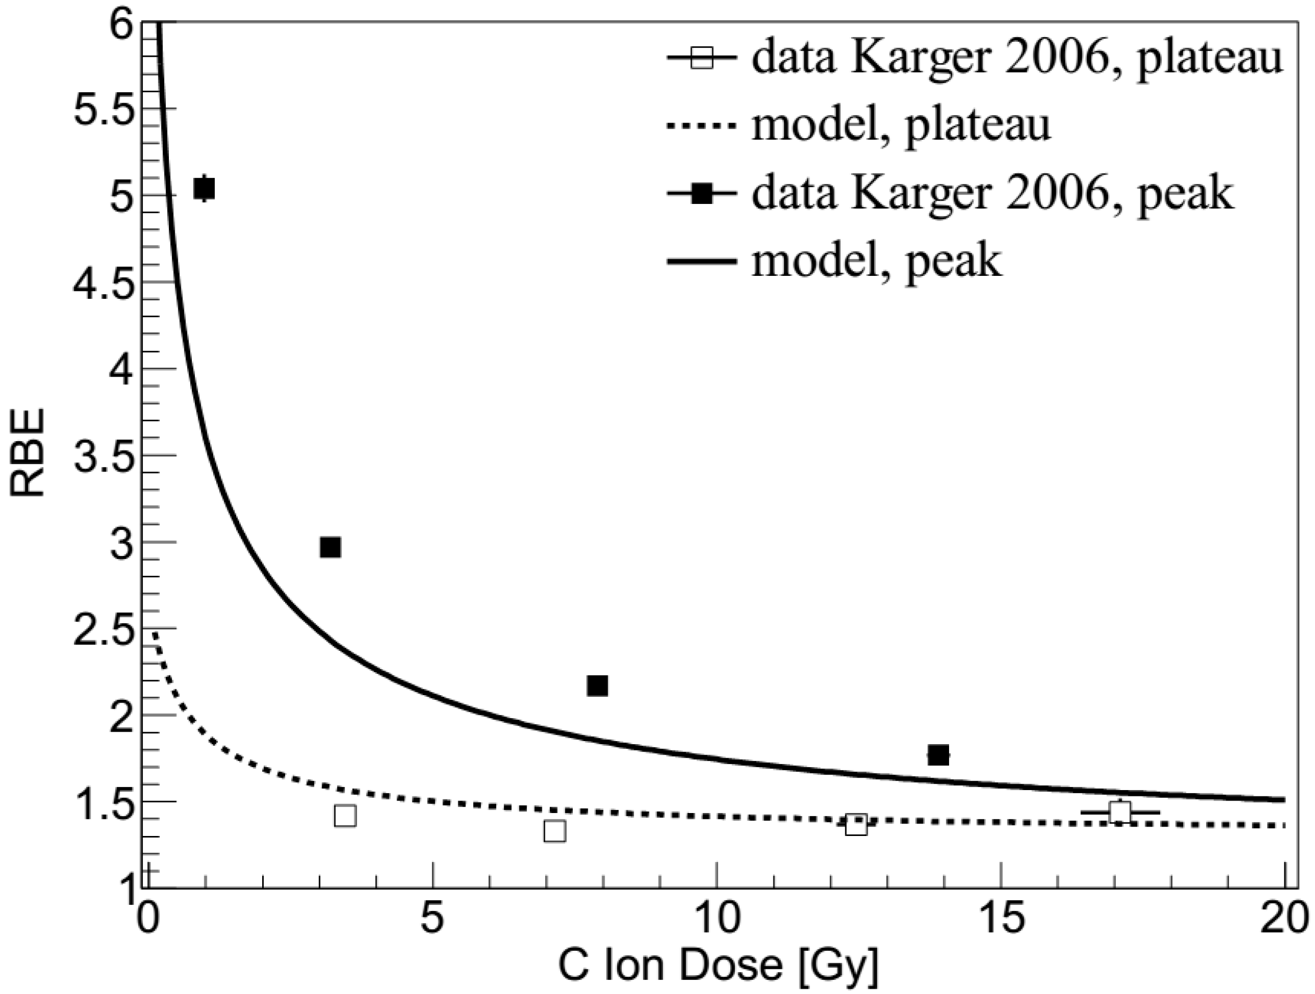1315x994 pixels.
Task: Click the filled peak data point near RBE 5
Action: coord(204,189)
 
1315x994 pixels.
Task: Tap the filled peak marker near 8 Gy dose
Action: coord(597,686)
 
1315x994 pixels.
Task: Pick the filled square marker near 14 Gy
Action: coord(938,755)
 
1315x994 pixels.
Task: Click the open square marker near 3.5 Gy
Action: coord(346,816)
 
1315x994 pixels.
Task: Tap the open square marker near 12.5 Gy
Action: coord(856,825)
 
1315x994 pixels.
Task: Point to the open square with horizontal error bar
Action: coord(1120,811)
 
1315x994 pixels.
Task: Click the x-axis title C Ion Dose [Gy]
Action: coord(718,967)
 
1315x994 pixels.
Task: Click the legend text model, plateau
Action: coord(901,126)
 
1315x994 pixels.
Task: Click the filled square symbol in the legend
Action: coord(702,193)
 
